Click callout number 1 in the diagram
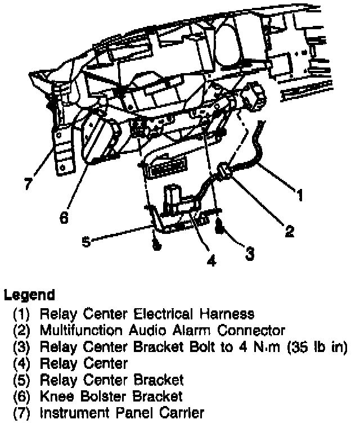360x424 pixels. [300, 195]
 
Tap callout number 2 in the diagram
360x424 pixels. [289, 231]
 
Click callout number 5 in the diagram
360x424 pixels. [86, 242]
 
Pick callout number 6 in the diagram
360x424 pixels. [64, 216]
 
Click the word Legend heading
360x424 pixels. [29, 295]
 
